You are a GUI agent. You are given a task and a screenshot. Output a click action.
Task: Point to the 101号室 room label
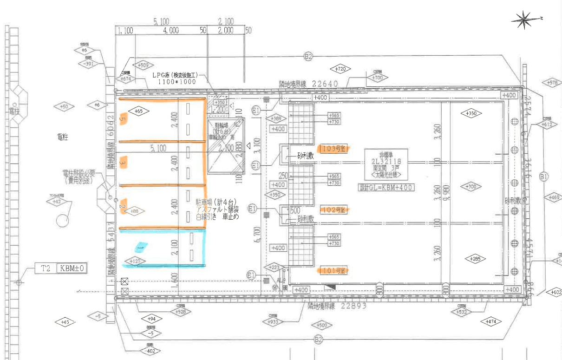click(x=333, y=270)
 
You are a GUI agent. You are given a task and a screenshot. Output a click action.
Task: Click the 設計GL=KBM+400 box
click(x=386, y=188)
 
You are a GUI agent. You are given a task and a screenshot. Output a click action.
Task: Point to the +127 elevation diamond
click(x=133, y=262)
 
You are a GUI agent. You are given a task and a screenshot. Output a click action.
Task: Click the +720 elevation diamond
click(x=340, y=69)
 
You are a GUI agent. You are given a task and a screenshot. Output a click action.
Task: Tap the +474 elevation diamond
click(x=491, y=321)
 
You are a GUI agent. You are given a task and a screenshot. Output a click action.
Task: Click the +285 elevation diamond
click(x=475, y=258)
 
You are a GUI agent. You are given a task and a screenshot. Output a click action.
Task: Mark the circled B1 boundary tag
click(x=544, y=177)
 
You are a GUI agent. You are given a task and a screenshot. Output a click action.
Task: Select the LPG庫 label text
click(x=178, y=75)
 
